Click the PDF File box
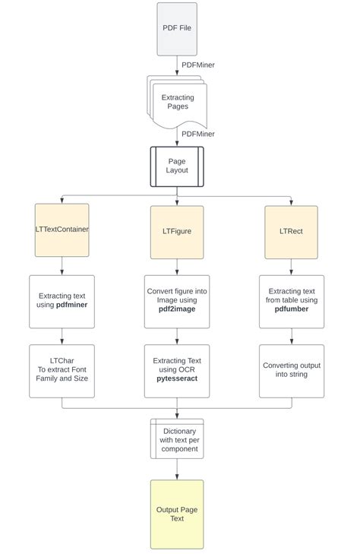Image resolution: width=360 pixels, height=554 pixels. tap(176, 29)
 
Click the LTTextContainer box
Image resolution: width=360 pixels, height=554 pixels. tap(62, 230)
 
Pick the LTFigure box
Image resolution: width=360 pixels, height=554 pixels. tap(176, 231)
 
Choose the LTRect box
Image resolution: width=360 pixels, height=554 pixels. tap(291, 231)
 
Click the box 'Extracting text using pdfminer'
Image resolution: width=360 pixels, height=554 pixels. tap(62, 301)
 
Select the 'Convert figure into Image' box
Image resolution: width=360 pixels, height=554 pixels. tap(176, 301)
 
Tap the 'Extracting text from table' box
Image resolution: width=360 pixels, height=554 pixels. tap(291, 301)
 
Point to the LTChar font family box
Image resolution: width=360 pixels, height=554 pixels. tap(62, 371)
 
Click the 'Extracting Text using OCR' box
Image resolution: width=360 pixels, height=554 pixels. tap(176, 371)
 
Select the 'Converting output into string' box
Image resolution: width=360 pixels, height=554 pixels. tap(291, 371)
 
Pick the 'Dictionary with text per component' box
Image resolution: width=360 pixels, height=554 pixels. tap(178, 439)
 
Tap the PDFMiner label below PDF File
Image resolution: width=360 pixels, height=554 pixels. tap(197, 65)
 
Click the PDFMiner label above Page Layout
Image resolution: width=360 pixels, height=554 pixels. tap(197, 134)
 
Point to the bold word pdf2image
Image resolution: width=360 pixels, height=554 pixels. tap(176, 311)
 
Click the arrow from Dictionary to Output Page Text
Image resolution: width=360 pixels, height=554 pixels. tap(177, 470)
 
